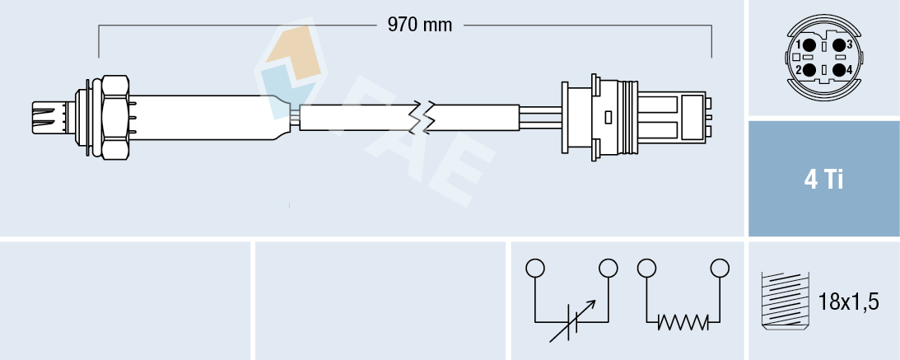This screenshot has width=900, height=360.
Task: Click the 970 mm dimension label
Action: coord(420,25)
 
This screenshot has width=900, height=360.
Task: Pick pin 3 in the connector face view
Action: coord(839,45)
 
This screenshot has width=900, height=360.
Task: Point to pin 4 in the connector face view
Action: coord(839,70)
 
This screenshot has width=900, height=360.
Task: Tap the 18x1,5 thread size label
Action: coord(850,302)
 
